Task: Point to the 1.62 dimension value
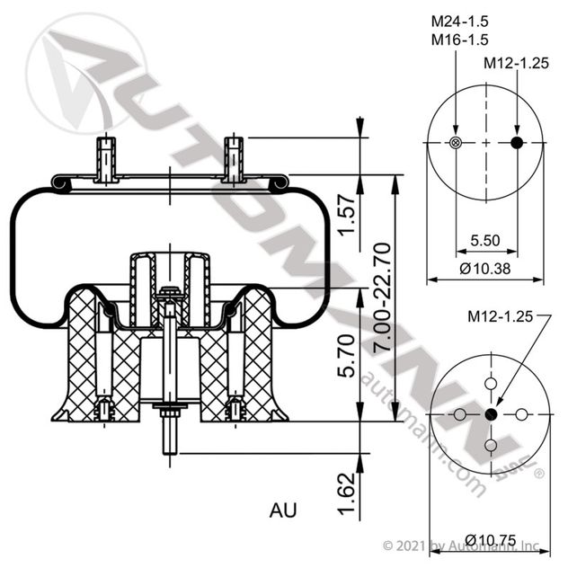pos(346,492)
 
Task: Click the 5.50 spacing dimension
pos(486,241)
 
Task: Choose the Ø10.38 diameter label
pos(485,269)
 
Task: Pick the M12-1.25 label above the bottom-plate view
pos(501,316)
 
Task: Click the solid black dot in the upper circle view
pos(517,143)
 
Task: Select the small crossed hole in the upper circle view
pos(456,143)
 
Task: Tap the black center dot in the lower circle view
pos(491,414)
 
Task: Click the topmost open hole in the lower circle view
pos(491,384)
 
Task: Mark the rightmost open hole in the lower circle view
pos(521,414)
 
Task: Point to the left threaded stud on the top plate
pos(107,156)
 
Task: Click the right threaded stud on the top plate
pos(234,156)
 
